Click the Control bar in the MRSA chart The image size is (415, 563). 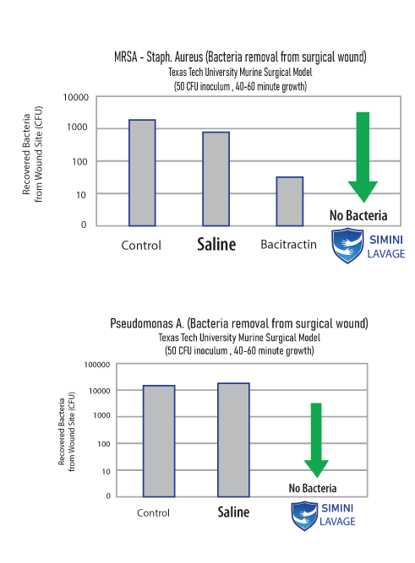(142, 173)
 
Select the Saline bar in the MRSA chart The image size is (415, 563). (216, 179)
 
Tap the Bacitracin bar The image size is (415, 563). (290, 201)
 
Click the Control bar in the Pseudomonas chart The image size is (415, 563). (159, 441)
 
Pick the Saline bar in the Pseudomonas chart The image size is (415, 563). (233, 440)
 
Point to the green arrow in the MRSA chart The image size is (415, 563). (363, 157)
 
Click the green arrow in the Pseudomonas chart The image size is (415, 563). (316, 440)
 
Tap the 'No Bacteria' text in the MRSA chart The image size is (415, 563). (358, 215)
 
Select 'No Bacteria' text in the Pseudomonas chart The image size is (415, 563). (313, 488)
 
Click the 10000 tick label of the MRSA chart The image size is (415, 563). (75, 98)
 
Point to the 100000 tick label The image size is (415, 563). (97, 365)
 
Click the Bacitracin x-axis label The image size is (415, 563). (288, 245)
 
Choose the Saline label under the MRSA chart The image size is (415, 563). (216, 244)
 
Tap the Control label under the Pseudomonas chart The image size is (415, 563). (153, 512)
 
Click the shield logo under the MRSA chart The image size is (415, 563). (347, 246)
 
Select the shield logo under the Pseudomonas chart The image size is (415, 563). (304, 516)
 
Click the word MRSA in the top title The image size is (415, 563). (125, 57)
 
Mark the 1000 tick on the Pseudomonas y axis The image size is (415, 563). (101, 415)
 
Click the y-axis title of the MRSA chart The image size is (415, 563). (32, 154)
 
